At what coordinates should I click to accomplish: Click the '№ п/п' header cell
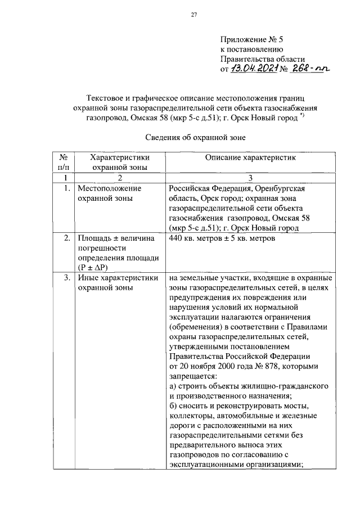[x=64, y=163]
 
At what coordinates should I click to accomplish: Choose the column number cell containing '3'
[x=249, y=177]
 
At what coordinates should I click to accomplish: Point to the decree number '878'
[x=280, y=366]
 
